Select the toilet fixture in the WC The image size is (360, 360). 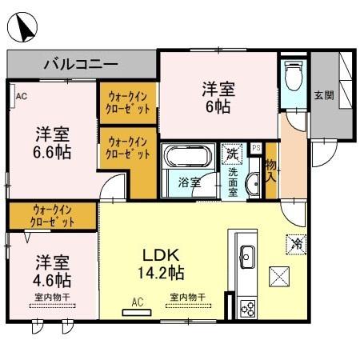293,76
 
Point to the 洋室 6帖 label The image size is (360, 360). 217,97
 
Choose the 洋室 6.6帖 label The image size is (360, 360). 53,142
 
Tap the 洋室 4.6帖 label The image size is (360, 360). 53,271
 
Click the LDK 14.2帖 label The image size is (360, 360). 163,263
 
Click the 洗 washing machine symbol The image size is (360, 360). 232,153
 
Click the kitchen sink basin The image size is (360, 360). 246,256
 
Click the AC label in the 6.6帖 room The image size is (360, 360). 21,98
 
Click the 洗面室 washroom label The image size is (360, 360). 233,181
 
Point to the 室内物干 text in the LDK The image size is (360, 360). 186,298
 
